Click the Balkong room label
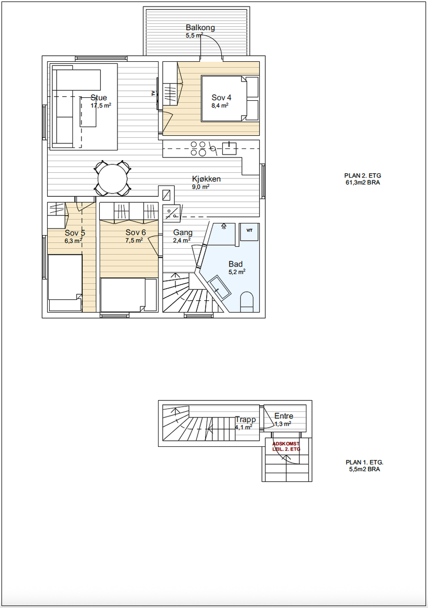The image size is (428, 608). point(200,27)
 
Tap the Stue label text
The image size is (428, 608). point(99,97)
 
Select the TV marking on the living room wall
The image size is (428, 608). point(153,93)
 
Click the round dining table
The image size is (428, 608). point(112,178)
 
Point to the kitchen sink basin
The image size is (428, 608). point(229,148)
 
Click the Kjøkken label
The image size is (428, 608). point(206,179)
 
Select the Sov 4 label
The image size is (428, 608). point(221,97)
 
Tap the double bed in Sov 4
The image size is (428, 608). point(230,98)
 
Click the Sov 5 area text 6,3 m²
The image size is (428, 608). point(73,241)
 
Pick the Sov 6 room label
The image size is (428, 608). point(135,233)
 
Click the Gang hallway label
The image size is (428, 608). point(183,233)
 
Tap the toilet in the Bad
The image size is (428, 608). point(247,301)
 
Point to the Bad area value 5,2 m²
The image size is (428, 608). point(237,272)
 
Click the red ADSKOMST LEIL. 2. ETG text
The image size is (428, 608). point(286,446)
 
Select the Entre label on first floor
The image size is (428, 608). point(284,416)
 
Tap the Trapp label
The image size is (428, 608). point(245,420)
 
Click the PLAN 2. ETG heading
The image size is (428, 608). point(363,176)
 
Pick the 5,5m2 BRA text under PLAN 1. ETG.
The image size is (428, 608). point(365,469)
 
